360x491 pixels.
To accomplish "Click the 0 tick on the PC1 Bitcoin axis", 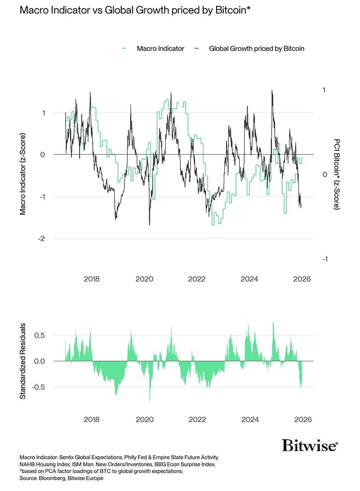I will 324,175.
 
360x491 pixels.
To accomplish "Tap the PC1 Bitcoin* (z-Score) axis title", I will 336,175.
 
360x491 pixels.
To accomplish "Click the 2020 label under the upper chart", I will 144,279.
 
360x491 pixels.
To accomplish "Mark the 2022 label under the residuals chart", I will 197,420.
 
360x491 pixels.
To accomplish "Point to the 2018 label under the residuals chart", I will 92,420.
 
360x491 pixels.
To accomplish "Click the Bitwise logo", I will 310,445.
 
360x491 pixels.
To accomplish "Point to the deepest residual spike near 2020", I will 150,399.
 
